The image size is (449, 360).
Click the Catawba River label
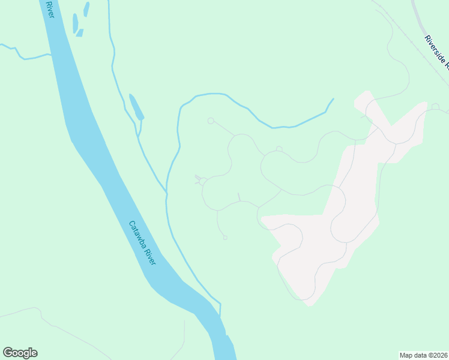coord(142,244)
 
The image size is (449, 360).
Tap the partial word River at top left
coord(49,8)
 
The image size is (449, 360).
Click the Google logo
coord(20,353)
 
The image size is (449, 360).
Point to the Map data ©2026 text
coord(424,355)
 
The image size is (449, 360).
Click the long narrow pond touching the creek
coord(136,107)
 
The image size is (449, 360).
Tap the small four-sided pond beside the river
coord(79,32)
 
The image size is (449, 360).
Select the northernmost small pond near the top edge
coord(86,9)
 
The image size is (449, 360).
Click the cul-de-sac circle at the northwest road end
coord(211,121)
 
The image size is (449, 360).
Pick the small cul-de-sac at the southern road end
coord(225,238)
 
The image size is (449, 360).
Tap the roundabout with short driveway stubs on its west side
coord(203,181)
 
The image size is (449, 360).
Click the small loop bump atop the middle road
coord(279,149)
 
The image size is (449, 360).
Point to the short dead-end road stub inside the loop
coord(239,197)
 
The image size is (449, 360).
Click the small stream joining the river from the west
coord(24,56)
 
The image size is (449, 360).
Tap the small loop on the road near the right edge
coord(435,107)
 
